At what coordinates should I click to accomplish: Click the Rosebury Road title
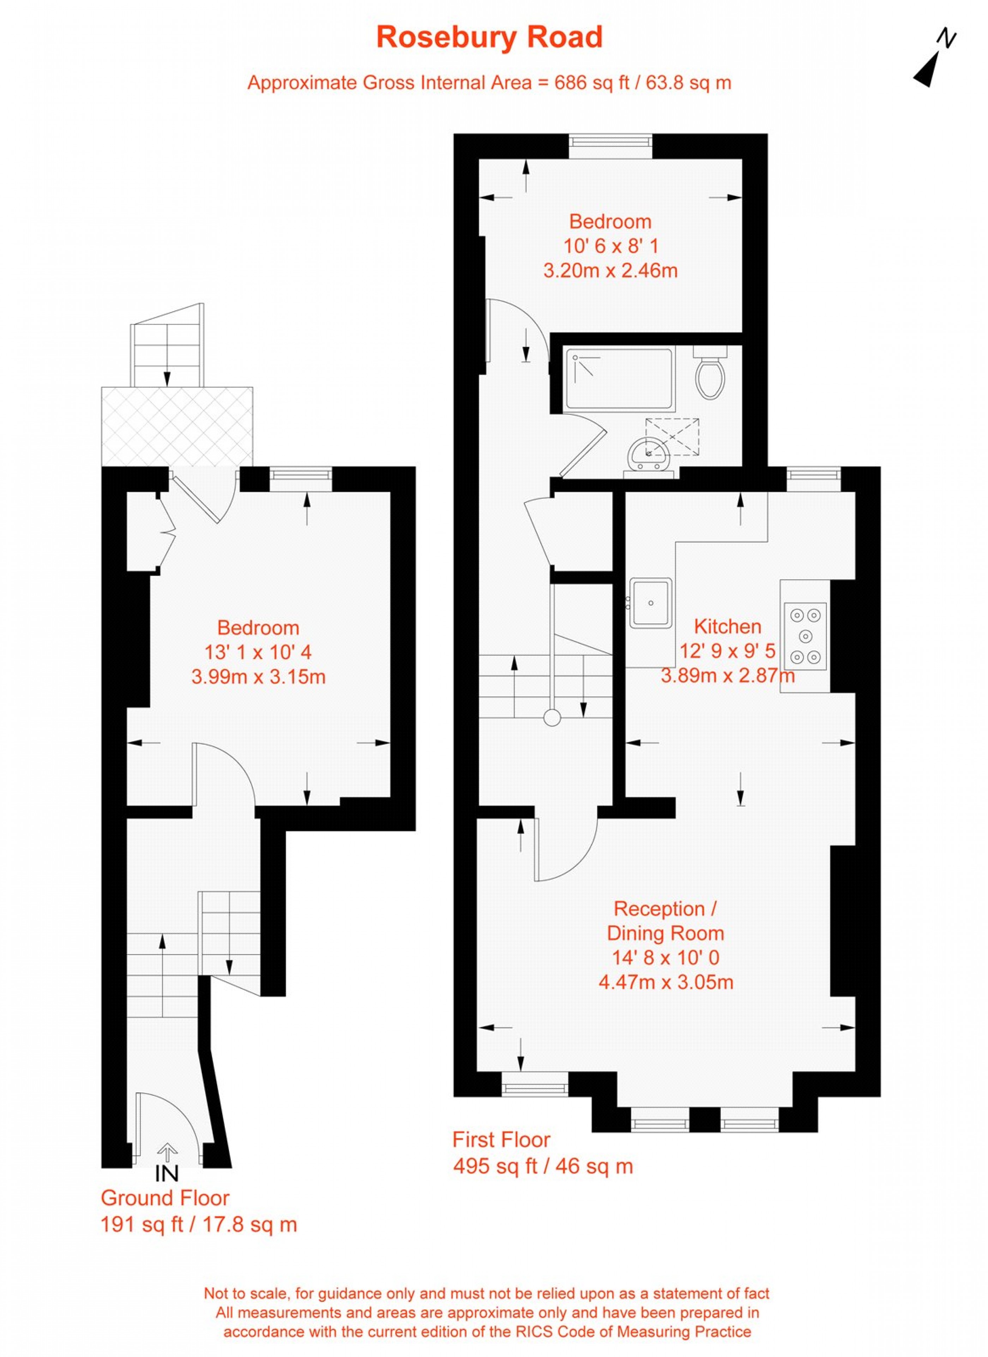(x=489, y=38)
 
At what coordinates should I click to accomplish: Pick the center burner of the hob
(x=805, y=635)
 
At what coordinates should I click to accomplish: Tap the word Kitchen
(x=727, y=626)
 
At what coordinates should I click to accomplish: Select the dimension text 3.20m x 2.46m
(x=610, y=271)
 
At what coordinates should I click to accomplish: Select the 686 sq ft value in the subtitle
(x=592, y=83)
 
